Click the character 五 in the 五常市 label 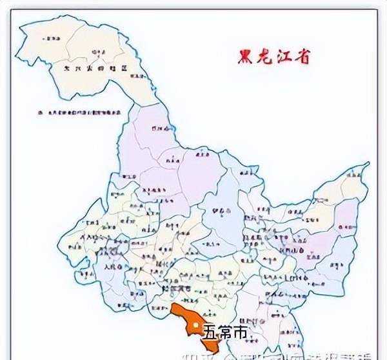coord(211,333)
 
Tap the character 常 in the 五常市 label coord(225,333)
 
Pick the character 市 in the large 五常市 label coord(239,333)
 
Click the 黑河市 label coord(158,129)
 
